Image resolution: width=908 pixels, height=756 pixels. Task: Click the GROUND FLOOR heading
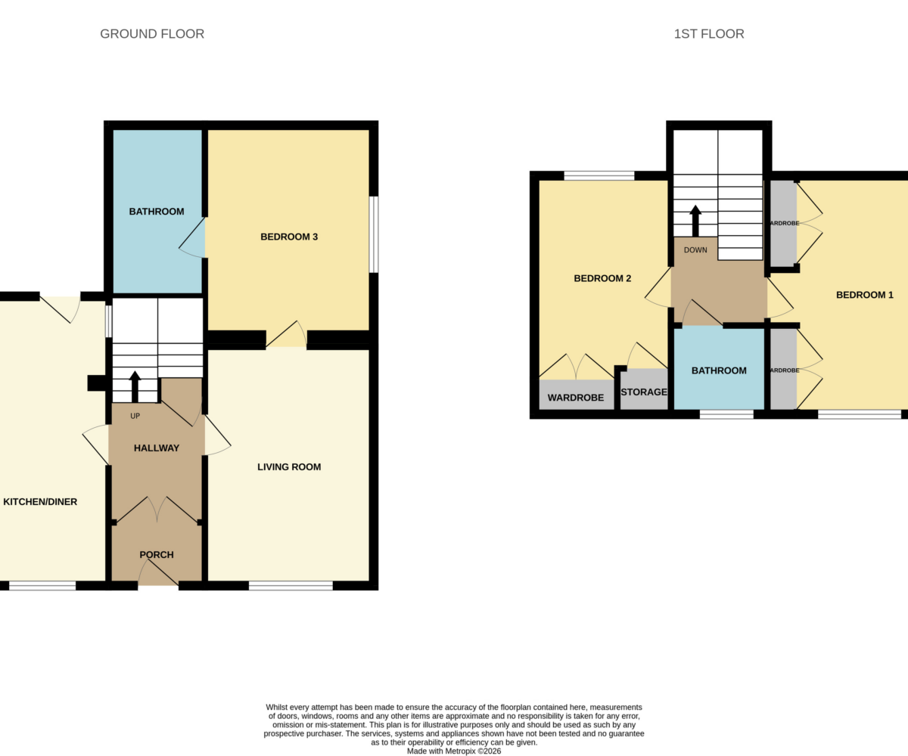coord(152,34)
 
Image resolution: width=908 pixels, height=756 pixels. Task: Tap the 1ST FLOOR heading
coord(709,34)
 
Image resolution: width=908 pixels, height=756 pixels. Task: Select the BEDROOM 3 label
coord(289,237)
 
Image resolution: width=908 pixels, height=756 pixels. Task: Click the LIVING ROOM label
coord(289,467)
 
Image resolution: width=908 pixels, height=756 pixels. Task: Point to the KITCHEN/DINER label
coord(40,502)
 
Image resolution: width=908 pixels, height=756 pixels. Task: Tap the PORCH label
coord(157,555)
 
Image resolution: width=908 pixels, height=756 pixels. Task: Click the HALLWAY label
coord(157,448)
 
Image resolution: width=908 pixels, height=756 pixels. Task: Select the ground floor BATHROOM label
coord(157,212)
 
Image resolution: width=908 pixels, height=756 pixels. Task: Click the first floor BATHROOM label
coord(719,370)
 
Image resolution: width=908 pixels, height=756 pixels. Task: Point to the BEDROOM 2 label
coord(602,278)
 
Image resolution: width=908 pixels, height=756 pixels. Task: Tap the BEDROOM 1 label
coord(865,295)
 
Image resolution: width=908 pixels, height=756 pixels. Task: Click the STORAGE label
coord(644,392)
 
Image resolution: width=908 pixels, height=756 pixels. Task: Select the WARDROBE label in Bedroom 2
coord(576,398)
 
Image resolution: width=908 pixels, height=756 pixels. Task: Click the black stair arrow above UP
coord(135,386)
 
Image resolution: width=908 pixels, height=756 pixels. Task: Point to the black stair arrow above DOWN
coord(695,221)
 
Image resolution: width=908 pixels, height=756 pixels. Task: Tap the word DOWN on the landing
coord(695,249)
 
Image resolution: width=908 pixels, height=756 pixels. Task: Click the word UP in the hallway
coord(135,416)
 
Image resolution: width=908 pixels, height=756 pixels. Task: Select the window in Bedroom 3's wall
coord(374,234)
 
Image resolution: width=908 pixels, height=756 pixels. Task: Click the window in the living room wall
coord(291,586)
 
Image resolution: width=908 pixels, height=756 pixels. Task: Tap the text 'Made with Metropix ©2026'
coord(454,751)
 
